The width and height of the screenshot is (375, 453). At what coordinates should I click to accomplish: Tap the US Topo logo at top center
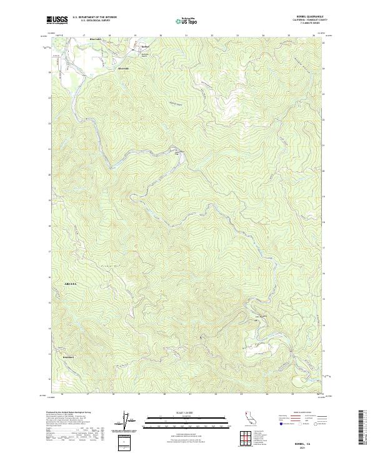pyautogui.click(x=186, y=21)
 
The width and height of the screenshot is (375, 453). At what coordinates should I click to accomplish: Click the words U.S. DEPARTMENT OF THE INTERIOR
pyautogui.click(x=94, y=17)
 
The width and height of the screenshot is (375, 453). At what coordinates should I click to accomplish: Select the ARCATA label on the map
pyautogui.click(x=71, y=284)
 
